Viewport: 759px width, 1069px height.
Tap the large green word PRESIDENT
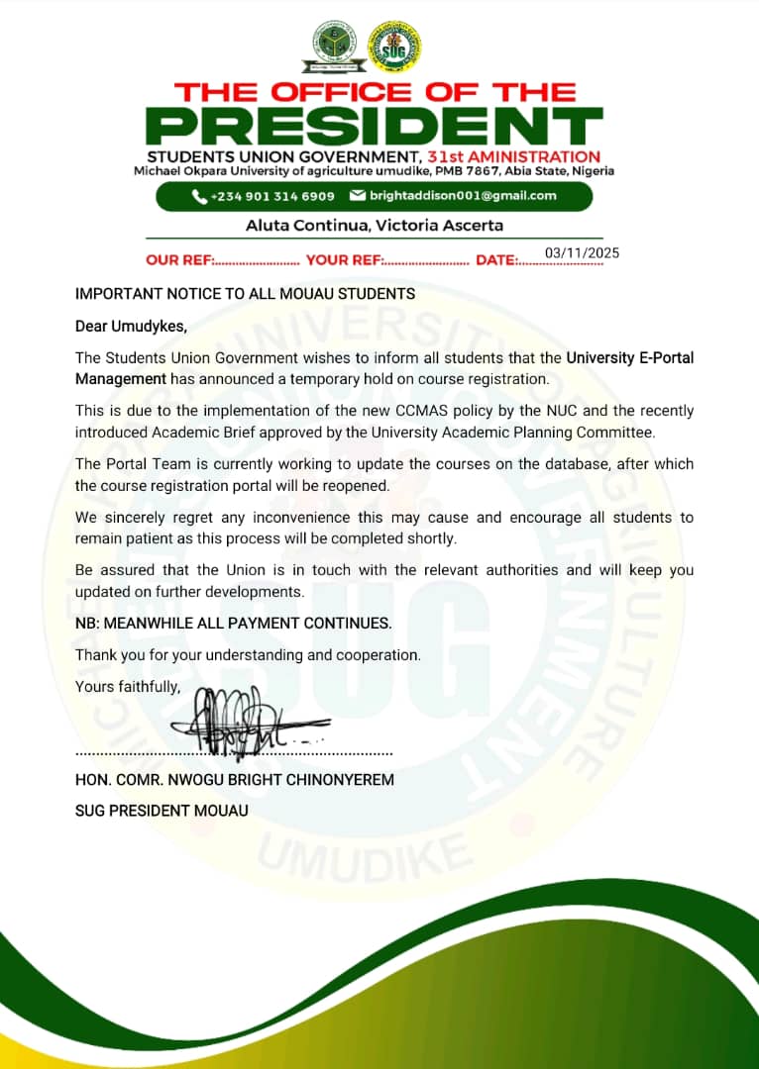pos(379,127)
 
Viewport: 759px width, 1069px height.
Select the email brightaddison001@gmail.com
pos(463,196)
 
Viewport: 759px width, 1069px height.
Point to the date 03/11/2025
pos(582,253)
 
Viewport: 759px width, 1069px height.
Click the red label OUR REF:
pos(179,261)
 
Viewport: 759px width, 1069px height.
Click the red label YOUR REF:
pos(343,261)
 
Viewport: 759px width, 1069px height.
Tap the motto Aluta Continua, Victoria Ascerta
pos(375,226)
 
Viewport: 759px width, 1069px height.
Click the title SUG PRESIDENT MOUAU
pos(162,811)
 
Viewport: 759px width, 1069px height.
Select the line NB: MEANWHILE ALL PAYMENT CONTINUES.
pos(234,624)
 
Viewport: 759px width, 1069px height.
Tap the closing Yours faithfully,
pos(128,686)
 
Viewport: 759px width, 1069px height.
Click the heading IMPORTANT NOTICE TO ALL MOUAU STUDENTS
pos(246,293)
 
